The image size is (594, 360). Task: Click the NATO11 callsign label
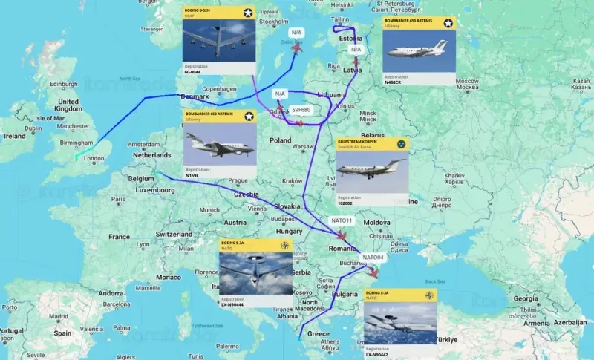coord(342,221)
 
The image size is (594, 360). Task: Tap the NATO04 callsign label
coord(373,258)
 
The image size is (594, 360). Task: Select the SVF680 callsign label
coord(301,110)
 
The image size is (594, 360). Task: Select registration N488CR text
coord(394,81)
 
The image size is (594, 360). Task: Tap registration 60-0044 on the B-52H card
coord(192,73)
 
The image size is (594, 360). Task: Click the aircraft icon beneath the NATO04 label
coord(373,272)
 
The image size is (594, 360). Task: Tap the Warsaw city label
coord(304,147)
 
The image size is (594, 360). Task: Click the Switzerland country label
coord(174,234)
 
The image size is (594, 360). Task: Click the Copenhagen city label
coord(218,89)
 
